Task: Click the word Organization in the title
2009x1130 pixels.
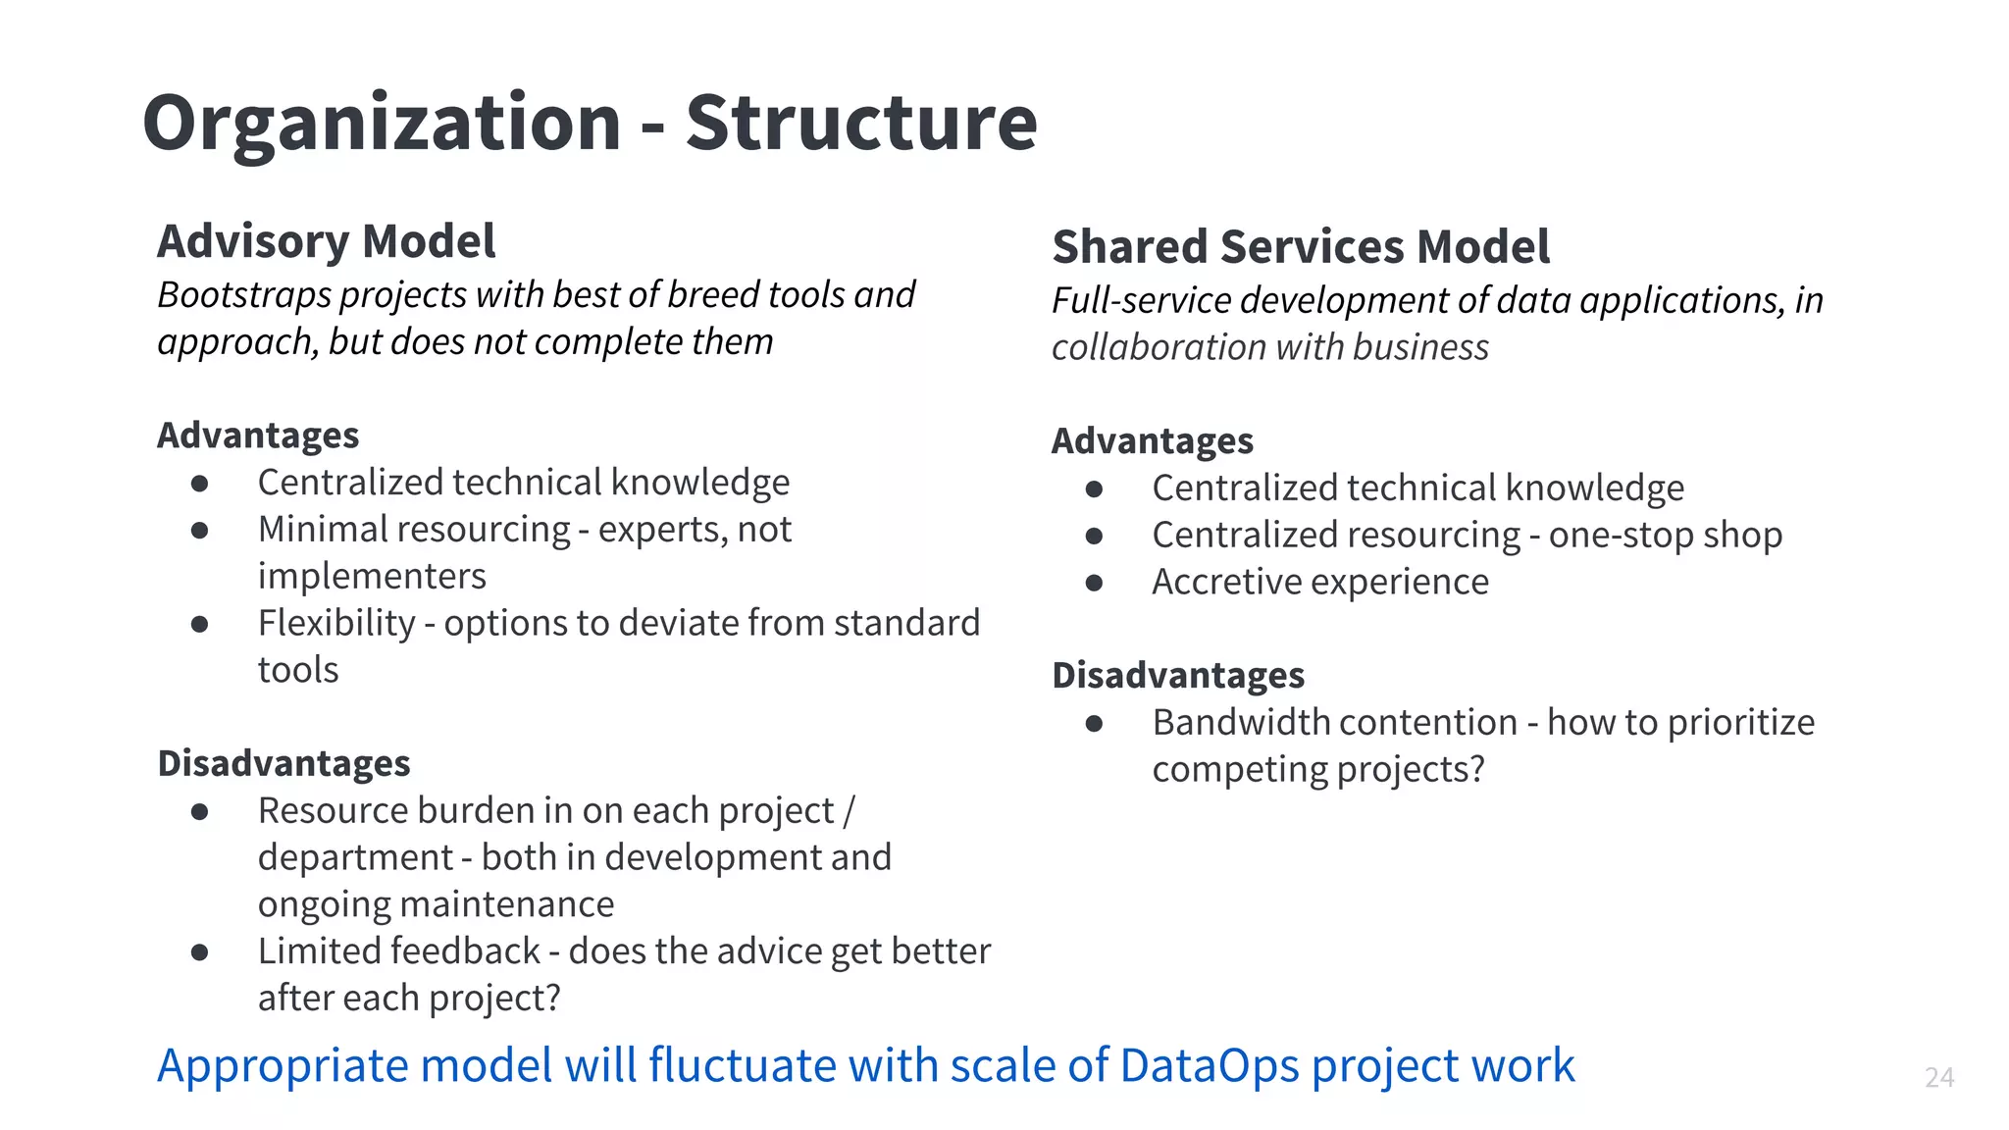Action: point(381,124)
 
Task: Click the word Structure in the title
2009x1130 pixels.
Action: point(860,124)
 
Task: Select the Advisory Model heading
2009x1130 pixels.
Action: point(326,241)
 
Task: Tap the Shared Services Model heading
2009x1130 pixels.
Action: point(1300,246)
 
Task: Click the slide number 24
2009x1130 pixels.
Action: point(1938,1077)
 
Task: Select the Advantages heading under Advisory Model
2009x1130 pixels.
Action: point(258,436)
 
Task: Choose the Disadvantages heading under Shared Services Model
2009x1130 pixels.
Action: point(1177,676)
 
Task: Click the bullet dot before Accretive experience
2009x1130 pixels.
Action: point(1094,583)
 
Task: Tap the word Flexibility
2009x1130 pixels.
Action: point(336,623)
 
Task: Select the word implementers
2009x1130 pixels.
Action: point(371,577)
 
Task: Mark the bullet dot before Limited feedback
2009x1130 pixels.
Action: point(200,952)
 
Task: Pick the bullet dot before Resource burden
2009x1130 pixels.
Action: point(200,811)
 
